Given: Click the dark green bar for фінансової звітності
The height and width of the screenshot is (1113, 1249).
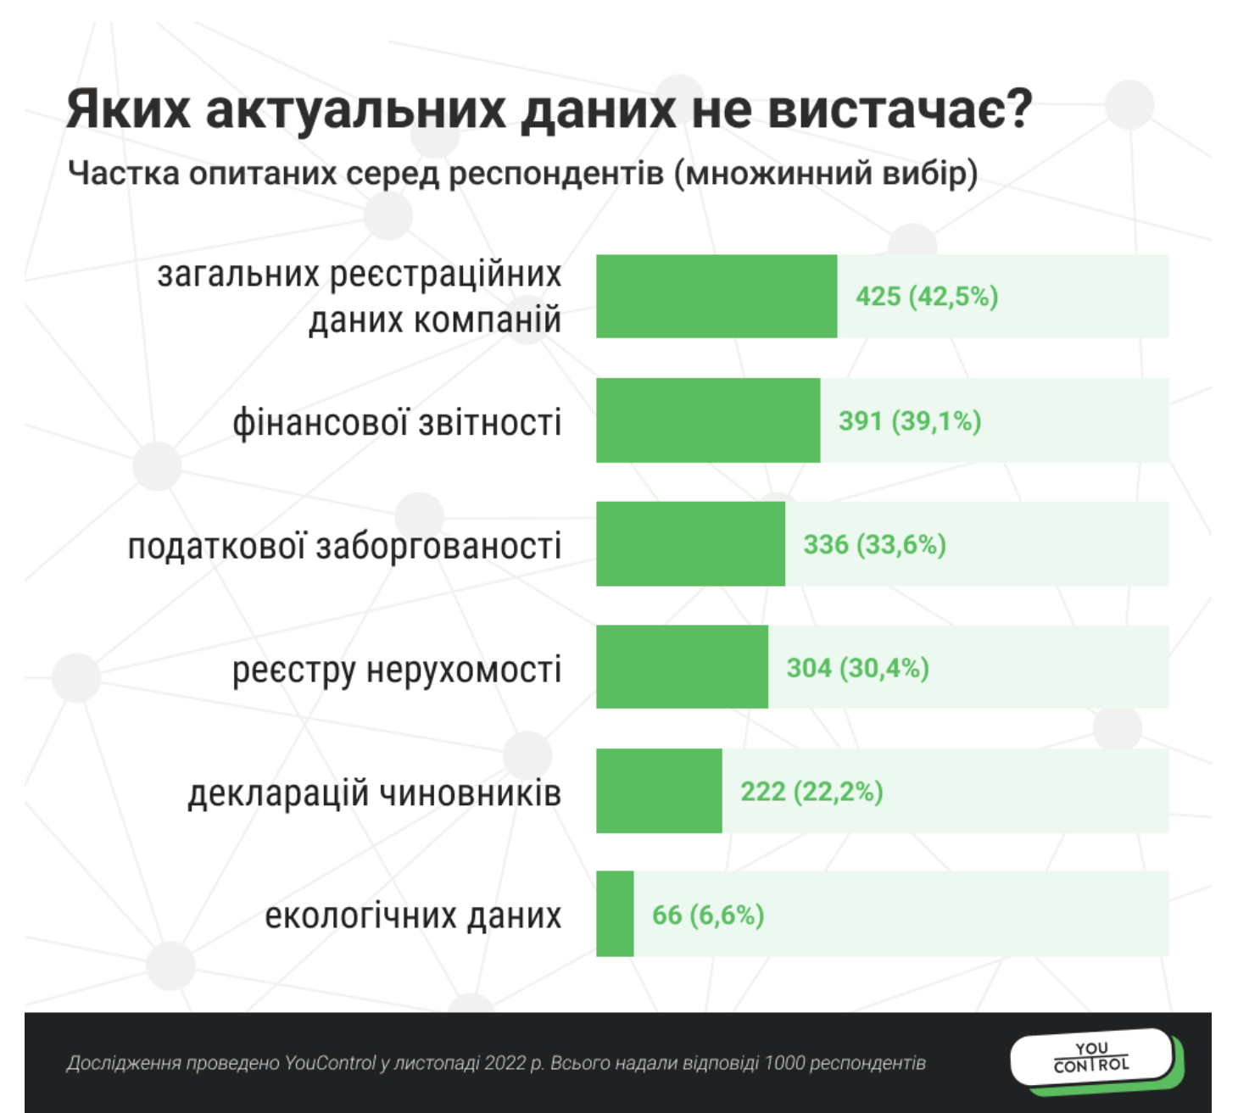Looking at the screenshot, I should point(708,420).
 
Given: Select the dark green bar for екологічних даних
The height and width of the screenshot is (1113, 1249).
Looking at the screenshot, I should point(615,915).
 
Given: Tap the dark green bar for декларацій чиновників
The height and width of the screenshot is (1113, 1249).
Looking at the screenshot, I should point(659,791).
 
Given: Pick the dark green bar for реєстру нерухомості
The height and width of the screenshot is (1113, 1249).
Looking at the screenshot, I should point(682,667).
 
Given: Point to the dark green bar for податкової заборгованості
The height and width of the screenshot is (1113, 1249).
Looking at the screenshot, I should point(690,544).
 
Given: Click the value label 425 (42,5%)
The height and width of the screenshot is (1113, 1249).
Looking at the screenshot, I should point(927,297).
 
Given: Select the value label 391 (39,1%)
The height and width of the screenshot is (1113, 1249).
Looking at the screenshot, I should point(910,420).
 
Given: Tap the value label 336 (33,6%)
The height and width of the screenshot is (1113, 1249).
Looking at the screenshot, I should point(874,544).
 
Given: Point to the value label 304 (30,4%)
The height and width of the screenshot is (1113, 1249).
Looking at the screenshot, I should point(857,668).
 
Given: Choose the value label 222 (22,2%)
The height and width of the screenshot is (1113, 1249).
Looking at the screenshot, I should point(811,792).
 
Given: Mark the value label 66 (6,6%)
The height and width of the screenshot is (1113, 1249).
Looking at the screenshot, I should point(708,915).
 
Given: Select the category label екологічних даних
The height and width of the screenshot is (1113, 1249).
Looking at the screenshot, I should point(413,915).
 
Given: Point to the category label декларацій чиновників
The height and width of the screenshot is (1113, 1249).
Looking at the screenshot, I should point(374,793).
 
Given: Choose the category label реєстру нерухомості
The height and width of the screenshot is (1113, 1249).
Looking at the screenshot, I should point(397,670).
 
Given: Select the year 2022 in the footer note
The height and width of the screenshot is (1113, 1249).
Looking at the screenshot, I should point(505,1063).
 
